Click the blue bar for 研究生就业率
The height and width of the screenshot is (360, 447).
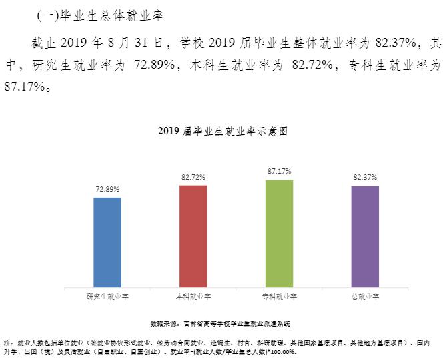pyautogui.click(x=107, y=242)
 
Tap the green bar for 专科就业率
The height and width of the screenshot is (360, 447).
pyautogui.click(x=279, y=233)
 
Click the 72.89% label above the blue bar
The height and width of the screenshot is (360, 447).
pyautogui.click(x=107, y=190)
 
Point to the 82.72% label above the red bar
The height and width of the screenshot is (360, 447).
pyautogui.click(x=193, y=178)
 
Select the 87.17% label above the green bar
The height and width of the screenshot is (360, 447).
pyautogui.click(x=279, y=172)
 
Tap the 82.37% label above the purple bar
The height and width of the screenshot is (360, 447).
pyautogui.click(x=364, y=178)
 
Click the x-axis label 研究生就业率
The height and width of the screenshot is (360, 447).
pyautogui.click(x=107, y=296)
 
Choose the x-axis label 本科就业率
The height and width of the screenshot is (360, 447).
pyautogui.click(x=193, y=296)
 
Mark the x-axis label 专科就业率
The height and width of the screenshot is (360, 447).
pyautogui.click(x=279, y=296)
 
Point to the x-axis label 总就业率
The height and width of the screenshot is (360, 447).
pyautogui.click(x=364, y=296)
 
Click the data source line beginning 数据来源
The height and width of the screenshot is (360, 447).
pyautogui.click(x=220, y=323)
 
